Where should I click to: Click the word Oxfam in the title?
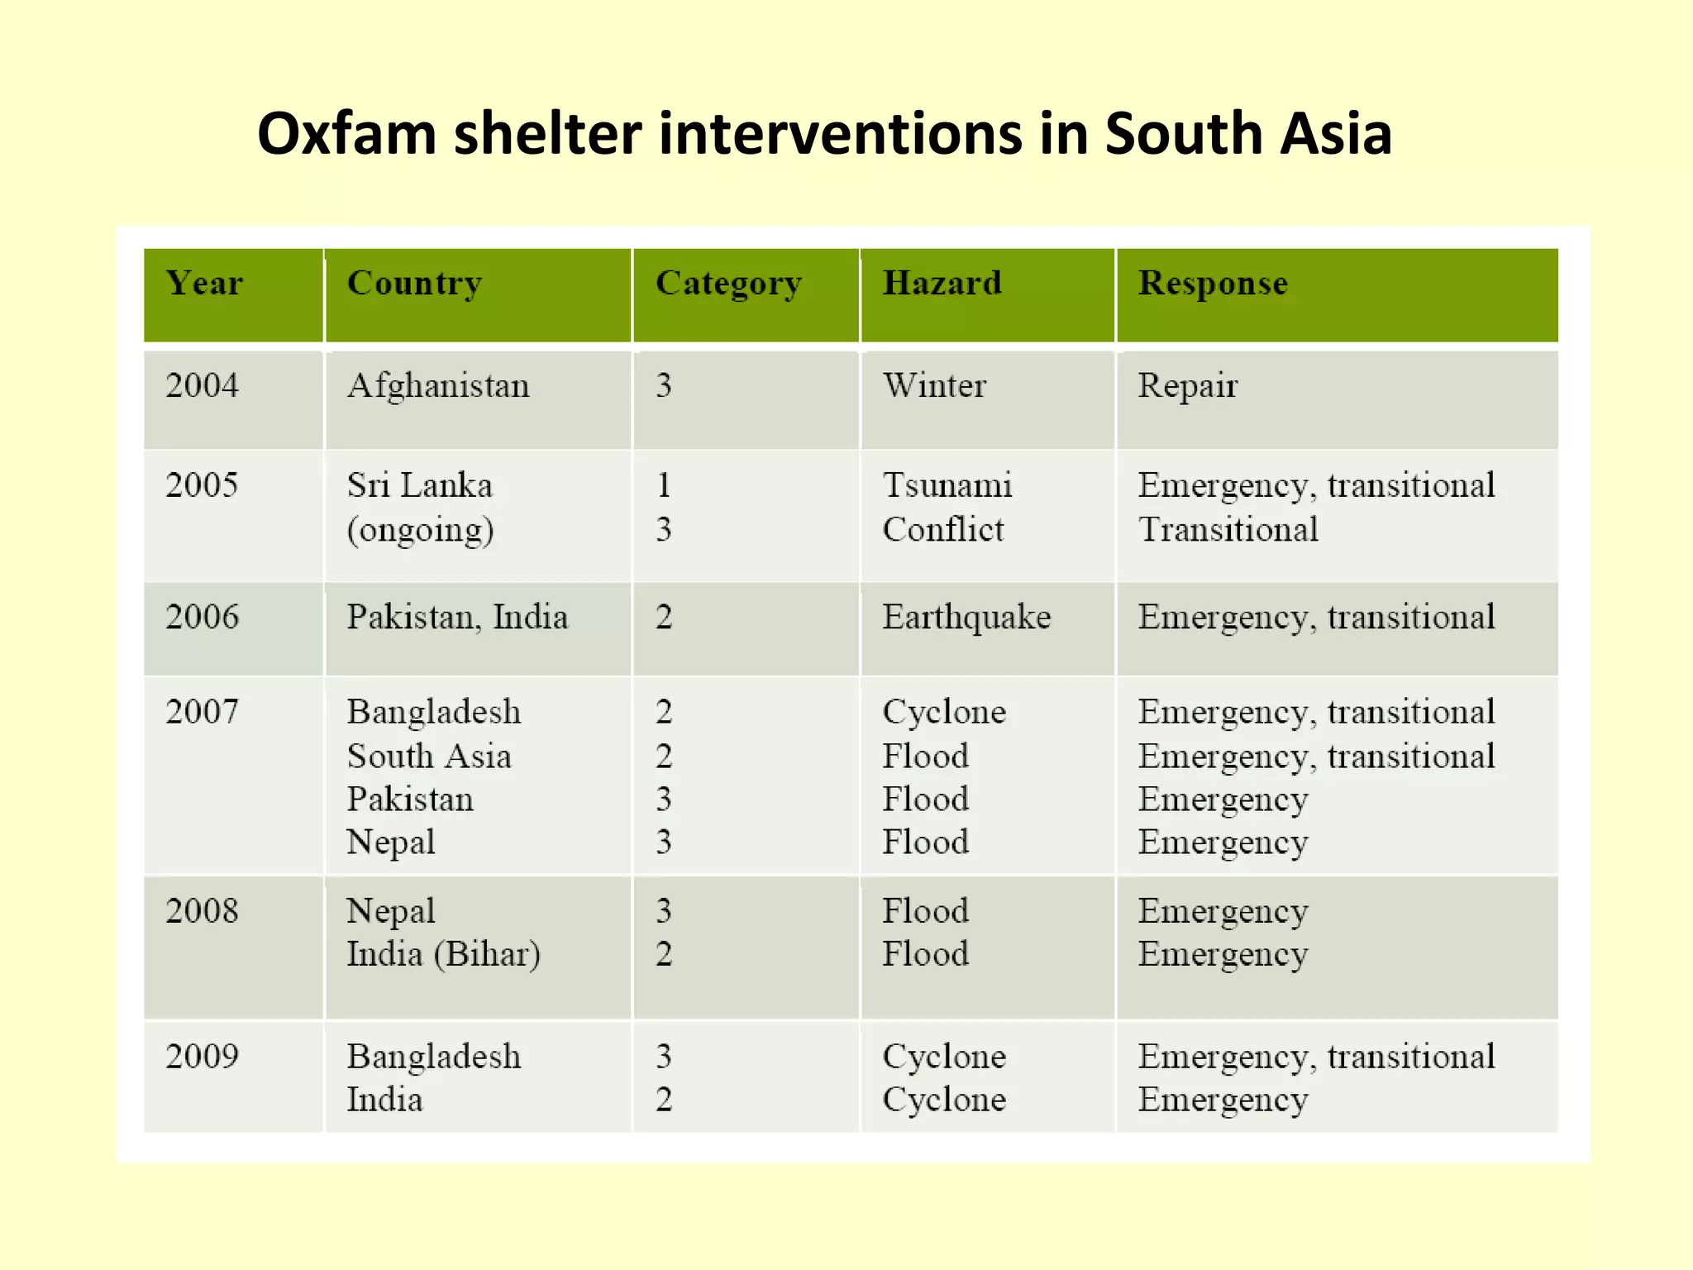(x=346, y=134)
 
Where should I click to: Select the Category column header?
(x=728, y=284)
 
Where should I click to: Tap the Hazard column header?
(x=942, y=284)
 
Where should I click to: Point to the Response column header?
(x=1213, y=284)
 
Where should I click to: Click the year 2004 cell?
(x=203, y=386)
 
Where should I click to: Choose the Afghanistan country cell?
(x=438, y=386)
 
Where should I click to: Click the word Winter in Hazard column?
(x=934, y=386)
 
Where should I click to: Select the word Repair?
(x=1187, y=386)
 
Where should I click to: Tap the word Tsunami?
(x=947, y=485)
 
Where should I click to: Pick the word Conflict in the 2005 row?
(x=943, y=529)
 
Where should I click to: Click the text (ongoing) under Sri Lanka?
(x=420, y=530)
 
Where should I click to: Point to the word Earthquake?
(x=966, y=618)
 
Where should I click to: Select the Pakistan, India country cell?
(x=457, y=618)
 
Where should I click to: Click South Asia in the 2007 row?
(x=429, y=757)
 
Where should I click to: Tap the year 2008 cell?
(x=203, y=911)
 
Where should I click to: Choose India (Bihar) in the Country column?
(x=443, y=954)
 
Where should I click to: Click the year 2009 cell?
(x=203, y=1057)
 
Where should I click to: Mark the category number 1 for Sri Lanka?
(x=664, y=485)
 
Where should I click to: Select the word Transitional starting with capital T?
(x=1228, y=529)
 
